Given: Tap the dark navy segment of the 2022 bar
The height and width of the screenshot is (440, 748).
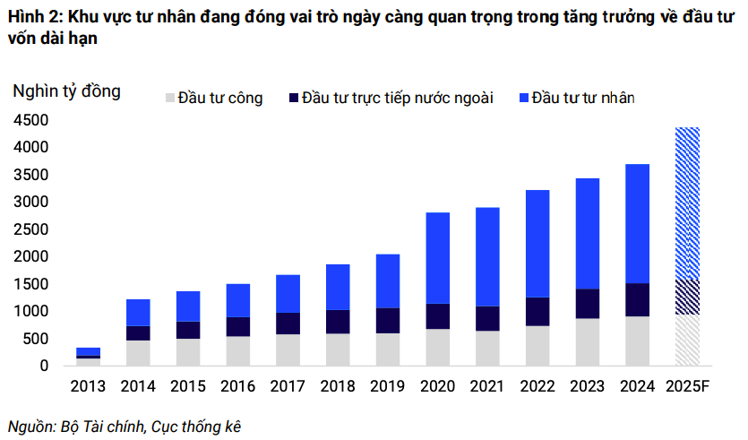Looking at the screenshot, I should pyautogui.click(x=537, y=311).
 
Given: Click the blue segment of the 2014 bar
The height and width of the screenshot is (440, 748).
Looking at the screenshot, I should pyautogui.click(x=138, y=313).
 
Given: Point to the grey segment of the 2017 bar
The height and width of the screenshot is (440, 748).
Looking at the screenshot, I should pyautogui.click(x=288, y=350).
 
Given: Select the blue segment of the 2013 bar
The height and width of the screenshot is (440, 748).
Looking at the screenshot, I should pyautogui.click(x=89, y=351).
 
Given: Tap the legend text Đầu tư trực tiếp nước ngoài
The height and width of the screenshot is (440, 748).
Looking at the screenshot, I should pyautogui.click(x=398, y=98).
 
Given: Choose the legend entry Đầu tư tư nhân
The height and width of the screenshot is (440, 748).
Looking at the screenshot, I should pyautogui.click(x=582, y=98).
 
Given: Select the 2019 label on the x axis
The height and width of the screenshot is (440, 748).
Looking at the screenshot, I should pyautogui.click(x=387, y=387).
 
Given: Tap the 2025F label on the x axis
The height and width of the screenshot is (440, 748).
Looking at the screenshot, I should pyautogui.click(x=688, y=387).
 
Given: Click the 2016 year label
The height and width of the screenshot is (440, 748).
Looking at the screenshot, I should pyautogui.click(x=237, y=387).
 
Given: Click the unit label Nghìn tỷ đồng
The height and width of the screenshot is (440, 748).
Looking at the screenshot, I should pyautogui.click(x=66, y=91).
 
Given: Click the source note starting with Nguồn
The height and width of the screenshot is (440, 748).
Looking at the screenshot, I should pyautogui.click(x=125, y=426).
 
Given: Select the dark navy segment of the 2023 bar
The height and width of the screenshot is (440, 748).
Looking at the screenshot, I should pyautogui.click(x=587, y=304).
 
